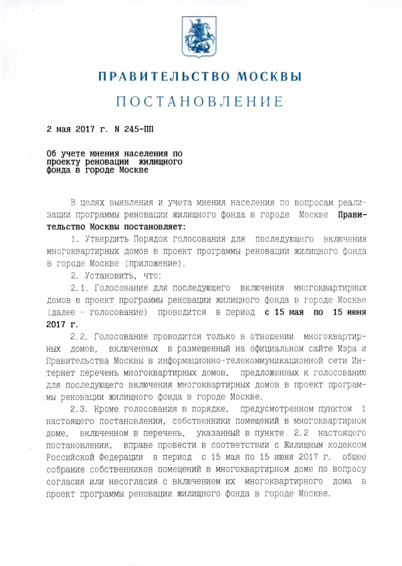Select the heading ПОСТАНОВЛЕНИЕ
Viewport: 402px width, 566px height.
point(200,102)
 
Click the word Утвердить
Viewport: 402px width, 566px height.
point(106,240)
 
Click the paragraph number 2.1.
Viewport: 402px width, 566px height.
point(79,288)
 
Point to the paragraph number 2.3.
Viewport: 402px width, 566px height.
point(79,409)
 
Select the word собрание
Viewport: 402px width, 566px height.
point(70,469)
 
